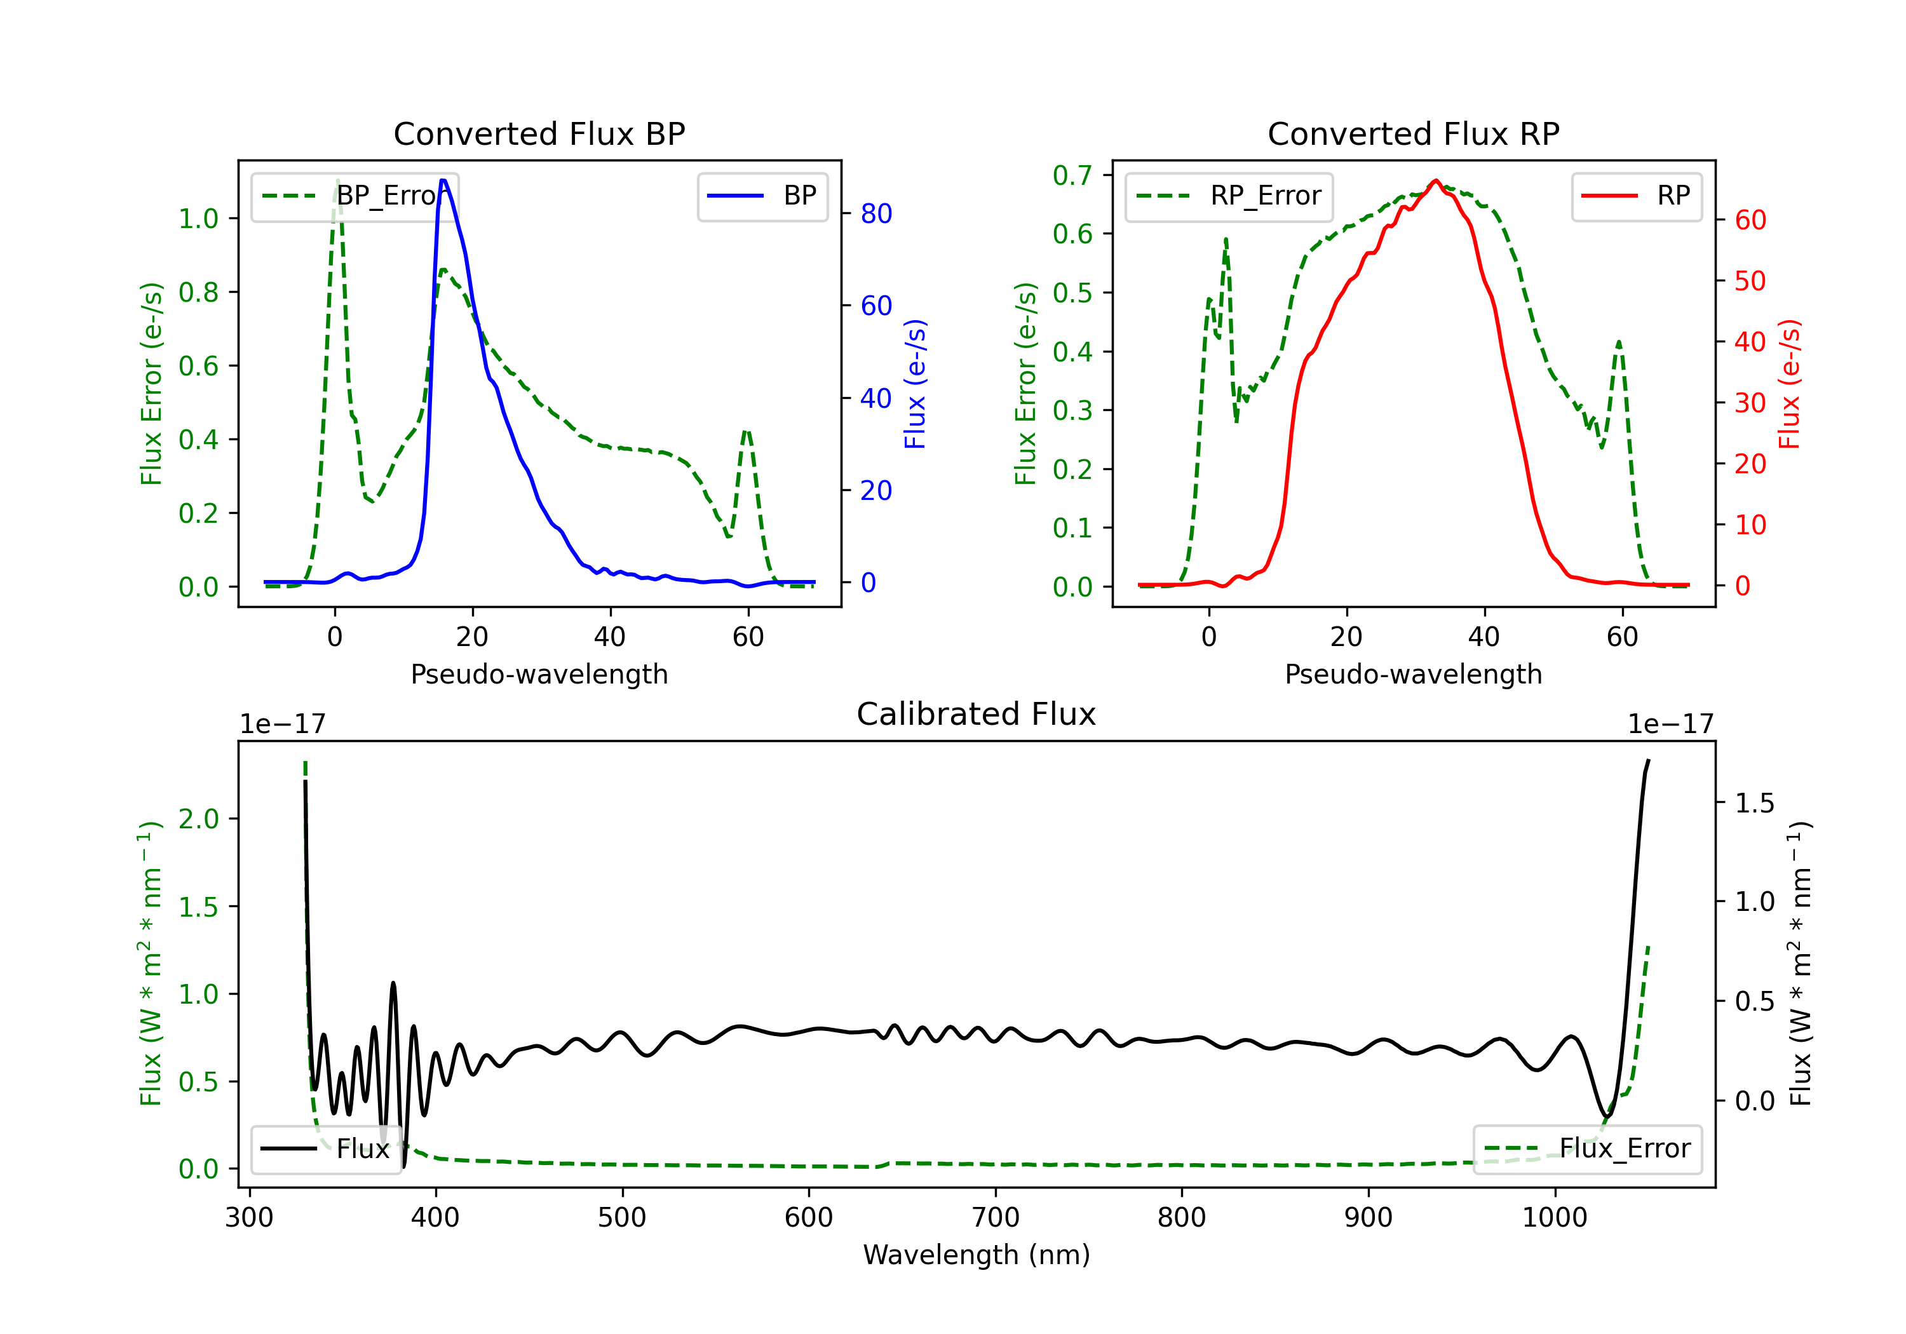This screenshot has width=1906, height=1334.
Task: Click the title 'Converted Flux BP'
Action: point(539,133)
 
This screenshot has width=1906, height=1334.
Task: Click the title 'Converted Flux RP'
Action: point(1413,133)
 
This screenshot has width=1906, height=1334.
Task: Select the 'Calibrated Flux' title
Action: point(977,714)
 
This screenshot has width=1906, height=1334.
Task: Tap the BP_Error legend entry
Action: point(355,196)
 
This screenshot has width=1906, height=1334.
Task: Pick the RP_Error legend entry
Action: point(1229,196)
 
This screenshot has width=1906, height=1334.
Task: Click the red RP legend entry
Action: point(1636,196)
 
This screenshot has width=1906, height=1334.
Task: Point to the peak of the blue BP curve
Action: point(443,180)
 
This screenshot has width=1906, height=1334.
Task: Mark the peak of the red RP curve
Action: point(1435,180)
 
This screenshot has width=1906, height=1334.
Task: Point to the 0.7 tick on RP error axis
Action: point(1072,175)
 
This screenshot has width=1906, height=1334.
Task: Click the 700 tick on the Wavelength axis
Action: point(996,1218)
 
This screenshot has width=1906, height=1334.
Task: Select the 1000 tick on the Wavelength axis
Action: point(1555,1218)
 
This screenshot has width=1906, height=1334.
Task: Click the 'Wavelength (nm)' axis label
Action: point(977,1255)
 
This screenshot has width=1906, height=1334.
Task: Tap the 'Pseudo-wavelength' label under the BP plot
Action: point(539,674)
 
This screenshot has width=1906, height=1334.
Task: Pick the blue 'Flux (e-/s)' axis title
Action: point(914,384)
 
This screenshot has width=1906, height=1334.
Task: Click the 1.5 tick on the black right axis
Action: point(1754,803)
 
